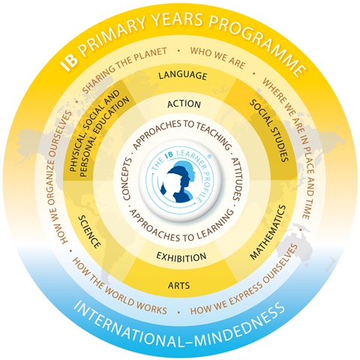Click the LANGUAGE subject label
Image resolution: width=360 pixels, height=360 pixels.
(x=183, y=76)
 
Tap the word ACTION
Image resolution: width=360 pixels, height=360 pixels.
(x=184, y=104)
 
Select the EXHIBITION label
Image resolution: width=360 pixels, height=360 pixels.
(x=181, y=257)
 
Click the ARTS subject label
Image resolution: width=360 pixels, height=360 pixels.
(x=178, y=285)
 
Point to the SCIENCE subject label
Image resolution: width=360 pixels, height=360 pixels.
(x=89, y=232)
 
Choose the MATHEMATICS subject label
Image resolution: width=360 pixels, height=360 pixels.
(x=268, y=232)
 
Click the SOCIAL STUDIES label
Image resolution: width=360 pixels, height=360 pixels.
(x=269, y=130)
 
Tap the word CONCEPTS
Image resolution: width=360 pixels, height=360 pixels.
(x=127, y=179)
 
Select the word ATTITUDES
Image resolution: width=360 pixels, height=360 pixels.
(x=235, y=179)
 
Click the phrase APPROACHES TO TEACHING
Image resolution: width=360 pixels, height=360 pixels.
(x=181, y=130)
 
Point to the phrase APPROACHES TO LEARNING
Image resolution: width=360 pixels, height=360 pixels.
(x=181, y=228)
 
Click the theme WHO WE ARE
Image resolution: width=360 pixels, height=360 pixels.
(x=217, y=58)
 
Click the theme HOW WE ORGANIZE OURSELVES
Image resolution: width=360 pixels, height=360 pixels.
(x=59, y=178)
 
